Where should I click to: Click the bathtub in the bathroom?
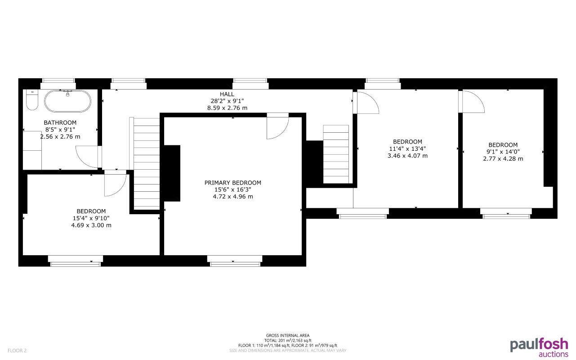[x=67, y=101]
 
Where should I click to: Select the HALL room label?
[x=227, y=94]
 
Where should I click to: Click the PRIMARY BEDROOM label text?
[x=232, y=183]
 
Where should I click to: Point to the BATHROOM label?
[x=60, y=122]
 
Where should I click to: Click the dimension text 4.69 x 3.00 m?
[x=91, y=225]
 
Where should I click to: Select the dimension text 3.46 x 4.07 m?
[x=407, y=156]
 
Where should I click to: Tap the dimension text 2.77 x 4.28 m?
[x=503, y=158]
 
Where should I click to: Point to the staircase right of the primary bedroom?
[x=336, y=154]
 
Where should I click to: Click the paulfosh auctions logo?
[x=539, y=347]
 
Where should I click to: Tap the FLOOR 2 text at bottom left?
[x=17, y=350]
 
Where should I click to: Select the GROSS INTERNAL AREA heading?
[x=288, y=336]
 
